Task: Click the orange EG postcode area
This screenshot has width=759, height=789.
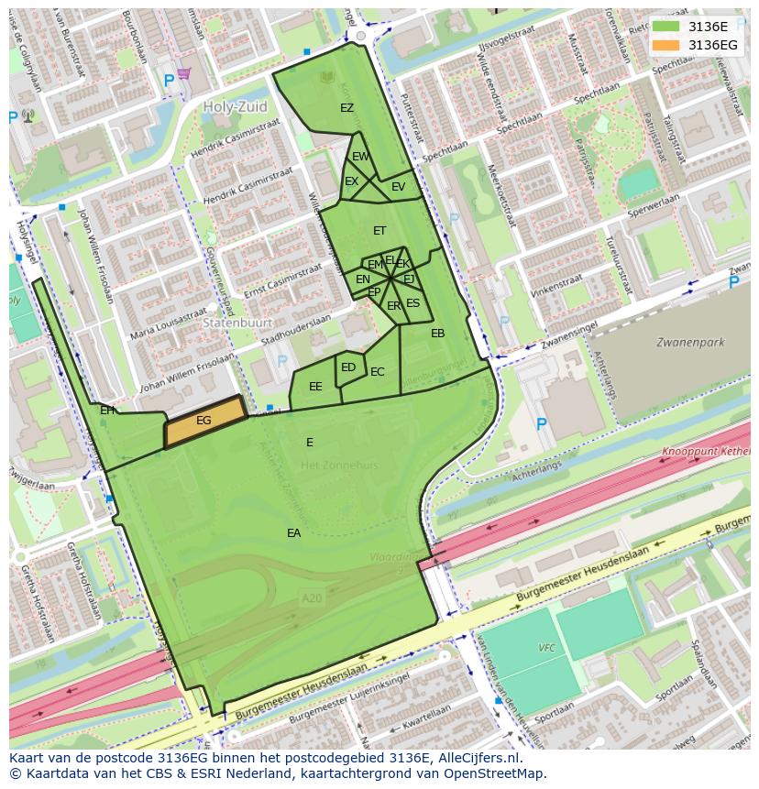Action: [x=204, y=422]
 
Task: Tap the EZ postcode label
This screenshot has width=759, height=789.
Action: [x=346, y=108]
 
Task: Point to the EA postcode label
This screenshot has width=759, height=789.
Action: [x=293, y=533]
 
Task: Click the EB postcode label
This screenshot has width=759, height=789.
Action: [x=437, y=334]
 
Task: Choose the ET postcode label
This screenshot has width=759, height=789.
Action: [x=379, y=231]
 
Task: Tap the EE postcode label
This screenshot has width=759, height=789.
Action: [x=315, y=387]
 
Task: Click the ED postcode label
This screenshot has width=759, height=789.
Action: [x=348, y=367]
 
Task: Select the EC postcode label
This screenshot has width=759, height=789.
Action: [x=377, y=372]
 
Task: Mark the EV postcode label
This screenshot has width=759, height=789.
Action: [x=398, y=187]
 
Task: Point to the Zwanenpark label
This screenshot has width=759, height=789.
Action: [x=690, y=343]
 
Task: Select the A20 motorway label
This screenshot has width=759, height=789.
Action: [x=313, y=597]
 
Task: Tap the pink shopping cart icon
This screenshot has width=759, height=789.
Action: [x=184, y=73]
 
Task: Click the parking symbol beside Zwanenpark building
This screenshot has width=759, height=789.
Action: [x=541, y=423]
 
